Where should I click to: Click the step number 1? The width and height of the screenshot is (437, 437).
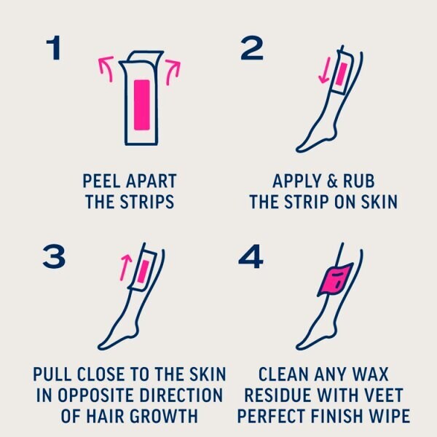pos(53,50)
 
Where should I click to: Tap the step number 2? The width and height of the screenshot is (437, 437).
pos(251,50)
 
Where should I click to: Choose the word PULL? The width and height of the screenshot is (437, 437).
pos(55,375)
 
